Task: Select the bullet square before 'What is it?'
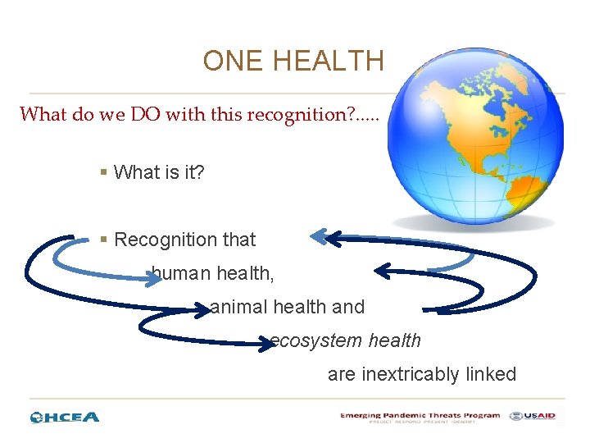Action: tap(103, 172)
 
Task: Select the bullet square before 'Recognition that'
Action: tap(103, 240)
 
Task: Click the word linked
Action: tap(491, 374)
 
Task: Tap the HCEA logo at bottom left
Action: tap(65, 417)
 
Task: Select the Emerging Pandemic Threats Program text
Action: tap(420, 416)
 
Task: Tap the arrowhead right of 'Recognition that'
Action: tap(320, 237)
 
